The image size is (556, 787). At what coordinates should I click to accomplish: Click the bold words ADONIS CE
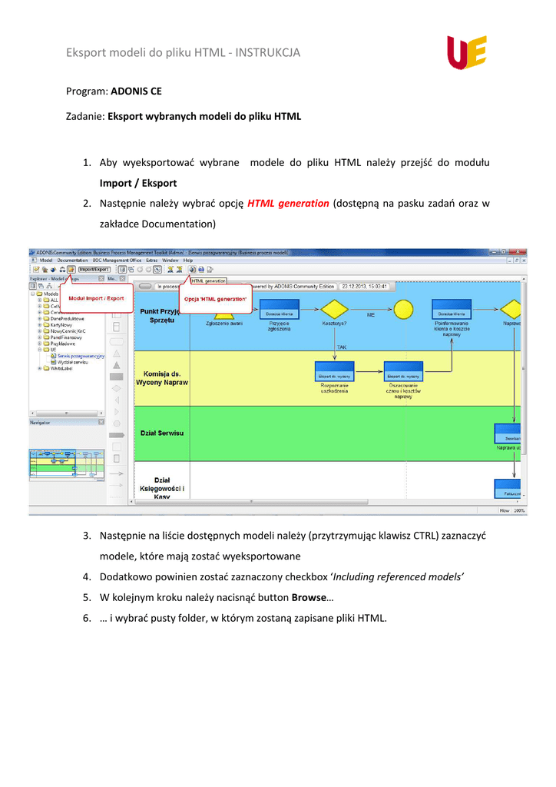pyautogui.click(x=136, y=91)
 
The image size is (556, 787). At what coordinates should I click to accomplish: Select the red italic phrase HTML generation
pyautogui.click(x=288, y=204)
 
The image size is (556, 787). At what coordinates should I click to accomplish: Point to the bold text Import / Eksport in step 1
pyautogui.click(x=138, y=183)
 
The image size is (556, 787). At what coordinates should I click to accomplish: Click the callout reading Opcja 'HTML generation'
pyautogui.click(x=239, y=298)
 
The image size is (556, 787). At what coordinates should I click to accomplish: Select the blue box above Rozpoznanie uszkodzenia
pyautogui.click(x=334, y=372)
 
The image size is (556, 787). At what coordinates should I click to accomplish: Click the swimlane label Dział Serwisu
pyautogui.click(x=162, y=433)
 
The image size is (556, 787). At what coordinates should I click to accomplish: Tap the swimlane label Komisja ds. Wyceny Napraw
pyautogui.click(x=162, y=377)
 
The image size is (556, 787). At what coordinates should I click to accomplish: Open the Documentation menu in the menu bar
pyautogui.click(x=72, y=261)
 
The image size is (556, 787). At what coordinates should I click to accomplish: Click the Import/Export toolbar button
pyautogui.click(x=95, y=270)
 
